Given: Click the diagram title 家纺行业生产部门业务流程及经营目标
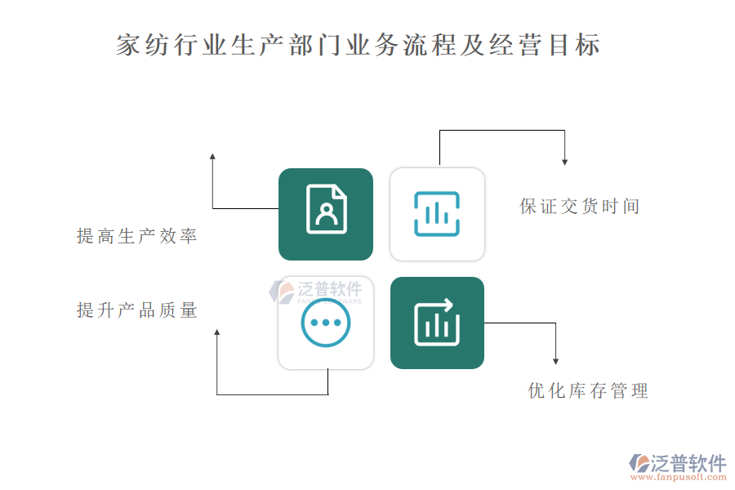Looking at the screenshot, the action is [x=359, y=45].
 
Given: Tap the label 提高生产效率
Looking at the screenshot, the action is [x=137, y=236].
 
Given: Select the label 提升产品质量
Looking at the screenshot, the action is [x=137, y=310].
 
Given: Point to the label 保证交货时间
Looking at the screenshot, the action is [x=579, y=206].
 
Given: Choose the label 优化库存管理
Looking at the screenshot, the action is [x=588, y=390].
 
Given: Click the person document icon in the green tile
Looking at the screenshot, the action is [x=326, y=209].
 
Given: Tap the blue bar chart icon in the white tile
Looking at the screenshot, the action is [x=437, y=214].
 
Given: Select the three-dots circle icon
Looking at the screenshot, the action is [x=326, y=323].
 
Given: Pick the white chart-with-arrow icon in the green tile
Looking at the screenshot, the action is [x=437, y=323].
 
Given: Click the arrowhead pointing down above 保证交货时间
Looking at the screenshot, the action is [x=565, y=163].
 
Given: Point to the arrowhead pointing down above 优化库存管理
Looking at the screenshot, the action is [x=555, y=362].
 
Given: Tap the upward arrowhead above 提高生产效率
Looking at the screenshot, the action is [x=212, y=157].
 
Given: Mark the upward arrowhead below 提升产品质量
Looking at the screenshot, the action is [x=216, y=332].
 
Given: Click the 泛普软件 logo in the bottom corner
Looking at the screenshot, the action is [x=678, y=463].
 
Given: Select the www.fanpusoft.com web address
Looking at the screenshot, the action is [x=679, y=477].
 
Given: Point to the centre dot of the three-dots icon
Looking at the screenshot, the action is [x=326, y=323].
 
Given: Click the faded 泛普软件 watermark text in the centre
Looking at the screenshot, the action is [x=330, y=289].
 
